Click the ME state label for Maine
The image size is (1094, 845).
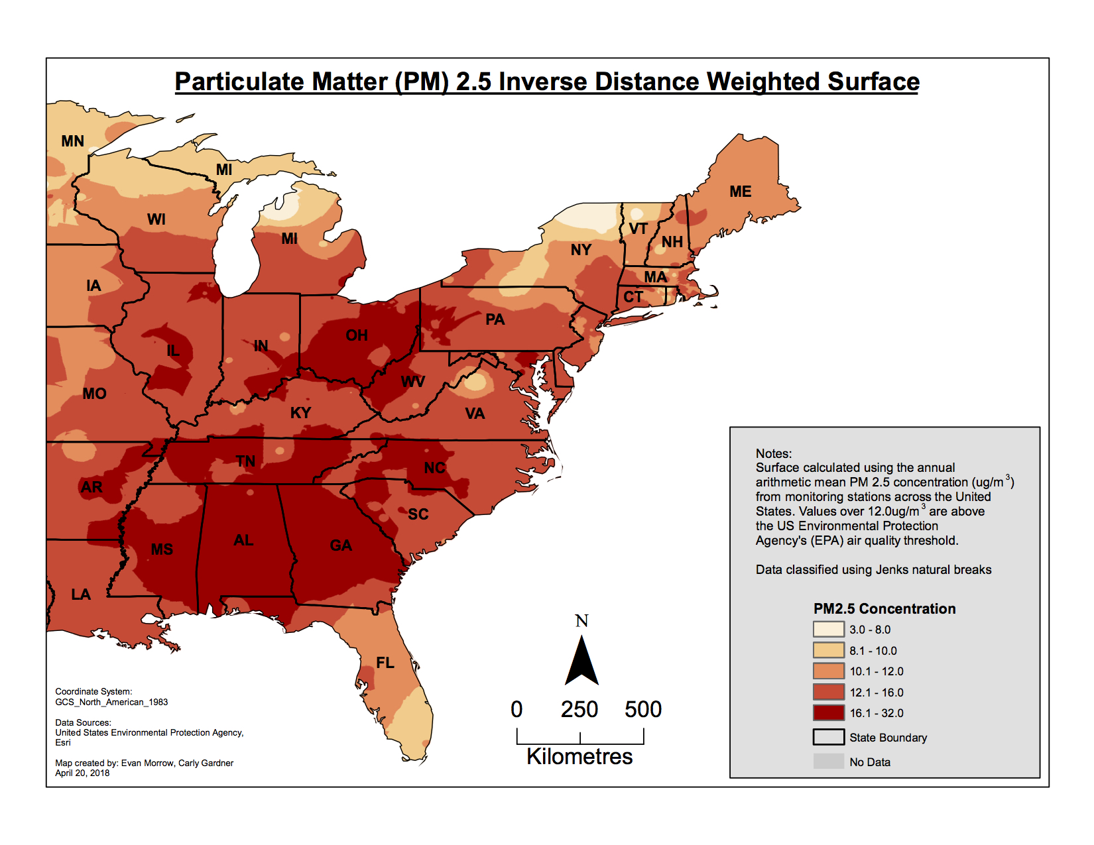(x=739, y=192)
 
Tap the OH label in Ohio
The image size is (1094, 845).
(x=357, y=335)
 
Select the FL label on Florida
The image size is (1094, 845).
(x=385, y=663)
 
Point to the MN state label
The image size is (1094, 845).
(x=72, y=141)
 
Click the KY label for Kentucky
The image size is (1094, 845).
(x=300, y=413)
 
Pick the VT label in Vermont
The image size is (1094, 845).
(x=638, y=229)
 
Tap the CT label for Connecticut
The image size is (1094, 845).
(x=633, y=297)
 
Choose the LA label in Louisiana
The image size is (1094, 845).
(x=80, y=594)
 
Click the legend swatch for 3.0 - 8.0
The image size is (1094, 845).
(x=828, y=630)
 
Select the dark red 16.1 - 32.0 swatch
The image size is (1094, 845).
(x=828, y=713)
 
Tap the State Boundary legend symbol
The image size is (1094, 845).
(x=828, y=737)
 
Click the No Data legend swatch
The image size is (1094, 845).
(x=828, y=761)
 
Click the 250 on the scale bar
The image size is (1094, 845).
(x=579, y=710)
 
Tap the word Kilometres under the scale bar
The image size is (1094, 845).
(x=579, y=756)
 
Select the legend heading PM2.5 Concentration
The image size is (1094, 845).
(x=884, y=608)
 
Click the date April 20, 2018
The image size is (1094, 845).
(x=82, y=773)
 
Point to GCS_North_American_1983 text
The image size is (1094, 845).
(x=111, y=702)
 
